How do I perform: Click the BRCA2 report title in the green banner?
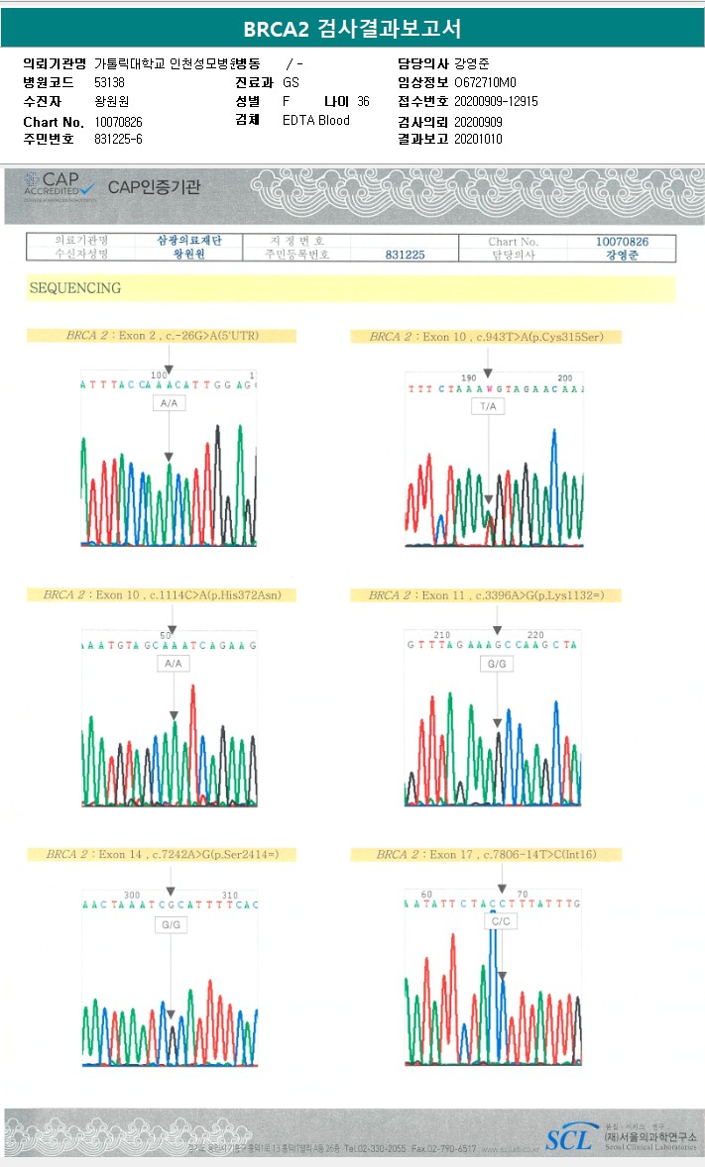pyautogui.click(x=352, y=28)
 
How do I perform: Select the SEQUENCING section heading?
pyautogui.click(x=75, y=288)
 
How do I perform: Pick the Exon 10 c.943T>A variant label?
pyautogui.click(x=486, y=337)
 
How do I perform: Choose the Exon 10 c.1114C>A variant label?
pyautogui.click(x=170, y=595)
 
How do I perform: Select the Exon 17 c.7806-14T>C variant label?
pyautogui.click(x=486, y=854)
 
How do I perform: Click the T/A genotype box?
pyautogui.click(x=487, y=407)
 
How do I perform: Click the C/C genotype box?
pyautogui.click(x=501, y=921)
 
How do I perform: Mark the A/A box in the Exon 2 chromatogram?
pyautogui.click(x=171, y=404)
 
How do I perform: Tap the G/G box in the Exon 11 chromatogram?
pyautogui.click(x=496, y=663)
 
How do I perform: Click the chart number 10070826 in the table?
pyautogui.click(x=622, y=241)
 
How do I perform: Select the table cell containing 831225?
pyautogui.click(x=405, y=255)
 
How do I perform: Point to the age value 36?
pyautogui.click(x=363, y=102)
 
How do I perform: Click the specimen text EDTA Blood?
pyautogui.click(x=316, y=121)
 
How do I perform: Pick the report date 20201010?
pyautogui.click(x=478, y=140)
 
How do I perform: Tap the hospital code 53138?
pyautogui.click(x=109, y=83)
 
